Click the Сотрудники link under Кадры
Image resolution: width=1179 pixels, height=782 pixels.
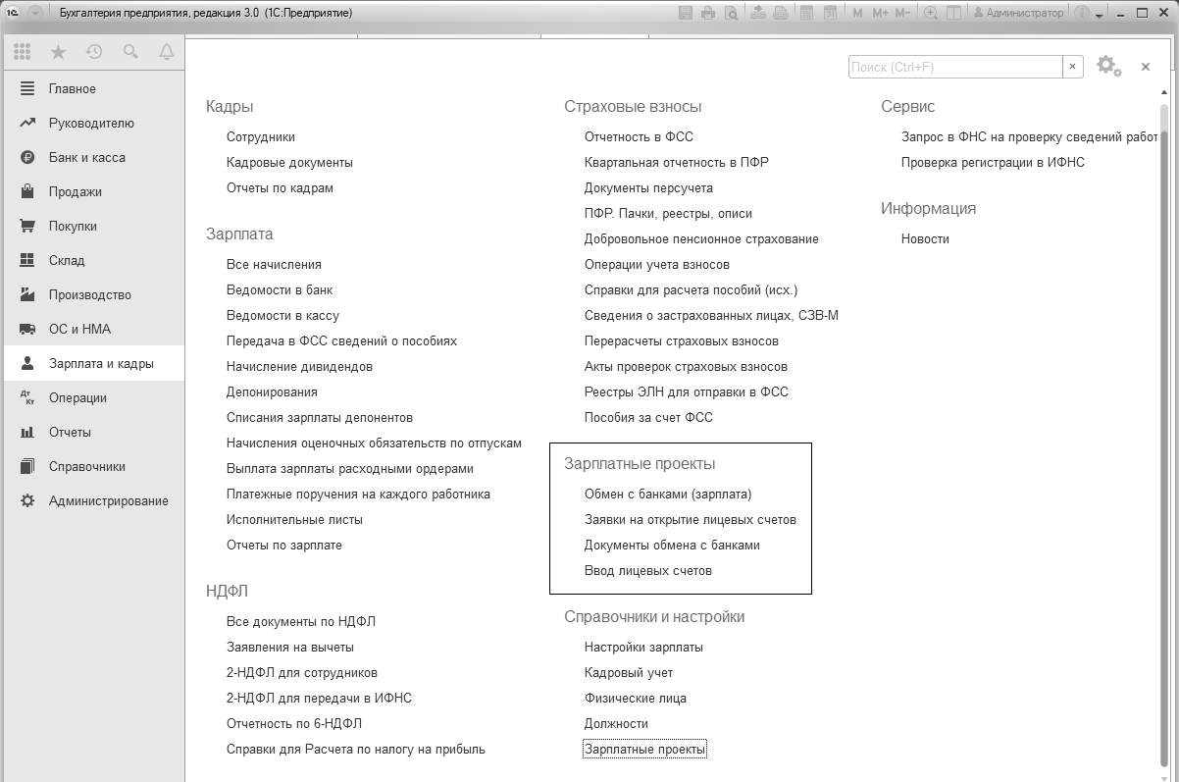point(260,137)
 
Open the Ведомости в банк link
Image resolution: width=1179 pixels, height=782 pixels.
point(280,290)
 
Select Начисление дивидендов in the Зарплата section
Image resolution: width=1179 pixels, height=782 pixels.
point(299,367)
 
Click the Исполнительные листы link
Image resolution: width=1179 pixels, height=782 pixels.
point(294,520)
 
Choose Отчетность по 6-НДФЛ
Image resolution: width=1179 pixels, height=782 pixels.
point(294,724)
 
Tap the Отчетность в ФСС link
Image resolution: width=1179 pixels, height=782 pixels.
point(639,137)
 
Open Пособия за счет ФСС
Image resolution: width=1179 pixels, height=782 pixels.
point(648,418)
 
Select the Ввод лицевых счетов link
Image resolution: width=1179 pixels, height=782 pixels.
point(647,571)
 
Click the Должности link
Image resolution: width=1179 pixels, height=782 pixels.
point(616,724)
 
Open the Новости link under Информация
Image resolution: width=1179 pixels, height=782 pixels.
point(925,239)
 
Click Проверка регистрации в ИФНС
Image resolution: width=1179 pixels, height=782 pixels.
point(993,163)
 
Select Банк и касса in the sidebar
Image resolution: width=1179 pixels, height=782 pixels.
point(87,158)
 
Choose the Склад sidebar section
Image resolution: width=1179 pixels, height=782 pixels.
point(67,261)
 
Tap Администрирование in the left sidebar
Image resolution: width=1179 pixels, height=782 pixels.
point(108,501)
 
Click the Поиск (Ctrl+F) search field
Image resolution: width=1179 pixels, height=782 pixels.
point(955,67)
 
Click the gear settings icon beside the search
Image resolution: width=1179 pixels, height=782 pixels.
point(1106,66)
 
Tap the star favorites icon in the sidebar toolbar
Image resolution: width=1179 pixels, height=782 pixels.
point(58,52)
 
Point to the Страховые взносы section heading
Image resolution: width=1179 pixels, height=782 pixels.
point(633,107)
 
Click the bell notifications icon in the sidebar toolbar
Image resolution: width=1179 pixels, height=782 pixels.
point(166,52)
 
